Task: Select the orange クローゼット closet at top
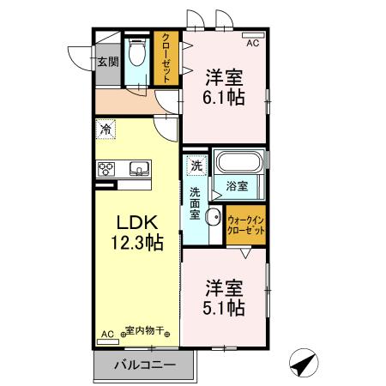pyautogui.click(x=166, y=59)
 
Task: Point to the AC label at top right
pyautogui.click(x=253, y=42)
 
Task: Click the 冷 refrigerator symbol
pyautogui.click(x=106, y=130)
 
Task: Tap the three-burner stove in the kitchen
pyautogui.click(x=108, y=168)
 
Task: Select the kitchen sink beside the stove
pyautogui.click(x=138, y=168)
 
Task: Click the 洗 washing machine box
pyautogui.click(x=196, y=165)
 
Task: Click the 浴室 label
pyautogui.click(x=238, y=184)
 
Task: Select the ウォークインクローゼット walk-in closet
pyautogui.click(x=245, y=226)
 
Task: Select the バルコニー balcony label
pyautogui.click(x=146, y=365)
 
